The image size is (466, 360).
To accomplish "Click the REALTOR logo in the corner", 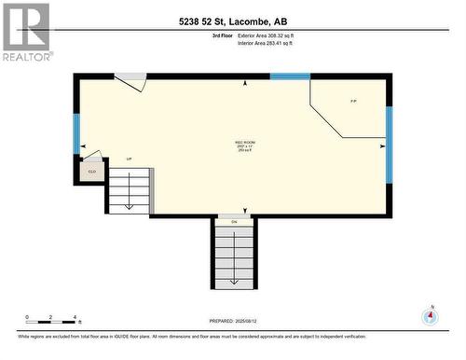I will coord(25,32).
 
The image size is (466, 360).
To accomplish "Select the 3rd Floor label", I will coord(222,35).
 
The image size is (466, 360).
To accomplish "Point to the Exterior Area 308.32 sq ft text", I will coord(266,35).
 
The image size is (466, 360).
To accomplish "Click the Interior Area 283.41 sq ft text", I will coord(266,42).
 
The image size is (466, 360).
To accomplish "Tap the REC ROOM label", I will coord(245,142).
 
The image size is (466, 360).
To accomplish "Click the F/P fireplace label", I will coord(352,101).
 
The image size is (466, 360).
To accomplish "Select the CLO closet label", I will coord(91,172).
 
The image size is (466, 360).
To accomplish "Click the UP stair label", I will coord(129,159).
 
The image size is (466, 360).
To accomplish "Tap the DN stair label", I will coord(234,222).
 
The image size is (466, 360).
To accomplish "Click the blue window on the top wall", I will coord(290,76).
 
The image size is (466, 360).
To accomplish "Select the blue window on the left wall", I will coord(76,133).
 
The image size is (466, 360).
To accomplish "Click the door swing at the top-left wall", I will coord(131,82).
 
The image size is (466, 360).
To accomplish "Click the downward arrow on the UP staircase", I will coord(129,191).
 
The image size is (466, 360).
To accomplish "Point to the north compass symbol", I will coord(430,317).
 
